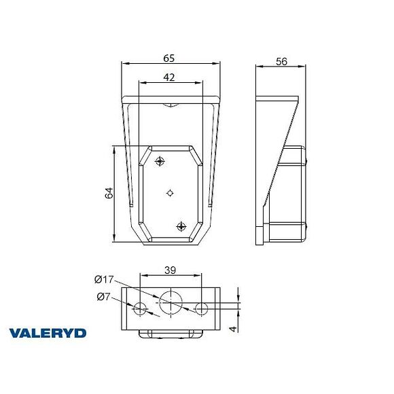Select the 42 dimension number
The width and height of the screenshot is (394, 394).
(x=170, y=77)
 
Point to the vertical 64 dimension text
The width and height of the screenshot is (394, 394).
(x=108, y=192)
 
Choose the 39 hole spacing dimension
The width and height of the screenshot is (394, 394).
(x=171, y=270)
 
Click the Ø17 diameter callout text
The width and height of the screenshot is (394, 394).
(x=106, y=279)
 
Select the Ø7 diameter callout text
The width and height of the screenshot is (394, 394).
(x=105, y=296)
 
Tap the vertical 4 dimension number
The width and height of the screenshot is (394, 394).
(x=232, y=329)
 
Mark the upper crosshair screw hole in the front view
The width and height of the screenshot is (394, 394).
(x=160, y=161)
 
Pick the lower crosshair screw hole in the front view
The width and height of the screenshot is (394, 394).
(x=181, y=226)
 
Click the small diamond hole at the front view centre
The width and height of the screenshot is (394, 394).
(x=171, y=193)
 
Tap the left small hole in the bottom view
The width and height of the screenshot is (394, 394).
(x=140, y=309)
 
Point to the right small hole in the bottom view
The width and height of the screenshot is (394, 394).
(x=201, y=309)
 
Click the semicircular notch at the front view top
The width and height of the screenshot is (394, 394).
(x=171, y=105)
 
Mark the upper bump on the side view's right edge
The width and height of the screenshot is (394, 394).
(x=308, y=161)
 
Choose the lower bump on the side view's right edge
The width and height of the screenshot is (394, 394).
(x=308, y=228)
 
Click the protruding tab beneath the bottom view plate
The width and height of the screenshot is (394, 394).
(x=171, y=334)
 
